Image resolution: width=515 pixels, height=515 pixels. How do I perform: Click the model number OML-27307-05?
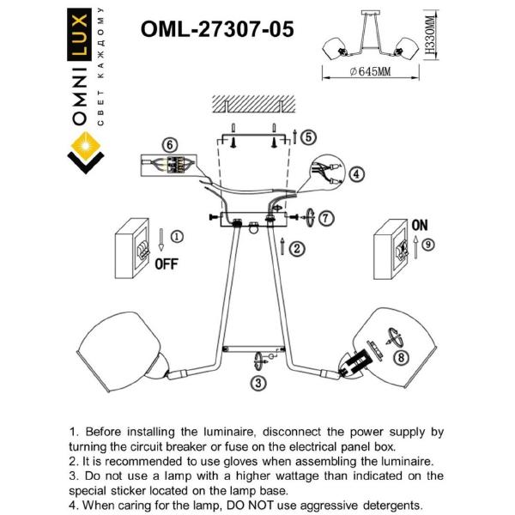click(216, 29)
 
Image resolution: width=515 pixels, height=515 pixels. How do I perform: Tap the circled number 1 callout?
click(176, 236)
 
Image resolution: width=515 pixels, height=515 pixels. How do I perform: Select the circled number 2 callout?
click(296, 250)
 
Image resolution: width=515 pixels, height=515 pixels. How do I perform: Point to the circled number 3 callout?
click(257, 383)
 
